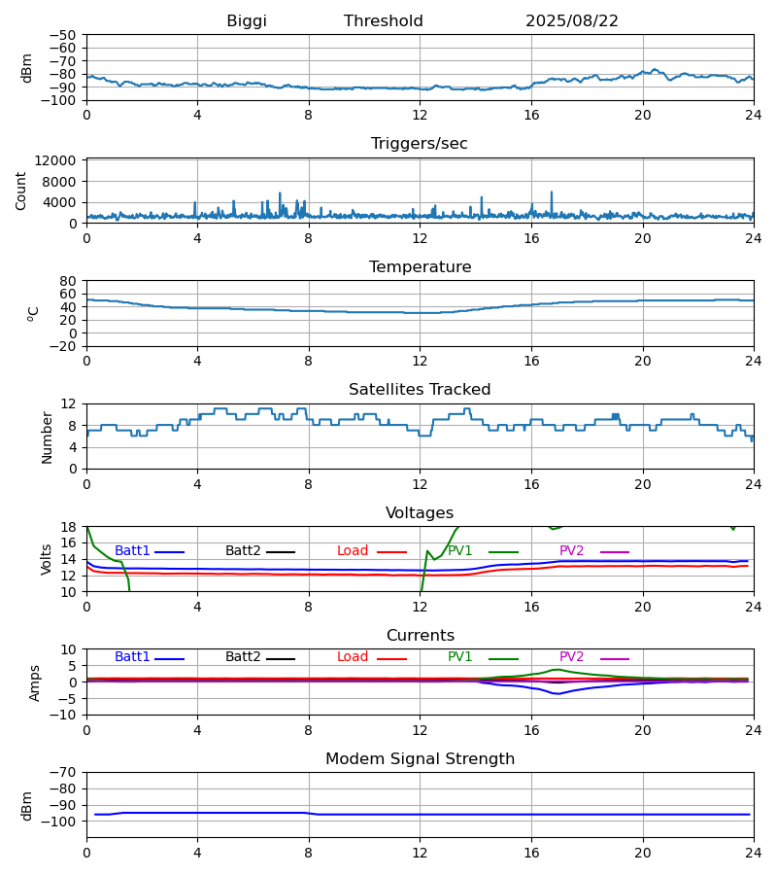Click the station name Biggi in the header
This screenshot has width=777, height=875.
247,21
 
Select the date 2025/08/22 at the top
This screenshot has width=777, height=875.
572,21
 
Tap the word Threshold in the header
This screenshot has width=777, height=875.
384,21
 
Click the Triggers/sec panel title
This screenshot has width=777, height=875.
420,144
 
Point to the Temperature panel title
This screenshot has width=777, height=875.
420,267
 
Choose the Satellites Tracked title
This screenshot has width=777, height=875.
420,390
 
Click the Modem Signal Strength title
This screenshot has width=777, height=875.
420,759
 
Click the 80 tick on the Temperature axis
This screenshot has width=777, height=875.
68,281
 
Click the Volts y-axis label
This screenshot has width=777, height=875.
48,559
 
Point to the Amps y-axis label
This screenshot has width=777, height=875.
35,682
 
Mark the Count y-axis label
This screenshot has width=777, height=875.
21,191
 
